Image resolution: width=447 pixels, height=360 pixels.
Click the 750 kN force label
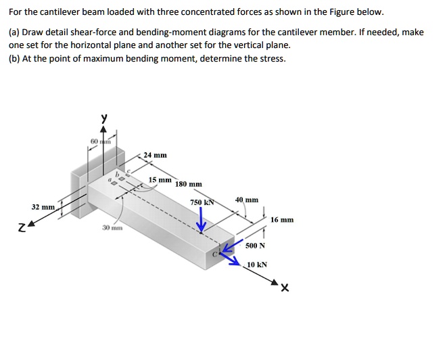[201, 202]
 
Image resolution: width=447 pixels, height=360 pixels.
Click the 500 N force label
[256, 245]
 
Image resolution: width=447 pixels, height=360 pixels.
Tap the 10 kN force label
[257, 265]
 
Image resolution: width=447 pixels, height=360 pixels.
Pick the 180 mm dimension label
[189, 184]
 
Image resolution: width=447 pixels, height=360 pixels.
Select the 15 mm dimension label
[160, 181]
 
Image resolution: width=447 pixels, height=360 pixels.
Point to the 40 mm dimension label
[247, 200]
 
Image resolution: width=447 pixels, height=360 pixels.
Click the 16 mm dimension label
[282, 220]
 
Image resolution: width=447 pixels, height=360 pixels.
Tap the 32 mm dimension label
[43, 206]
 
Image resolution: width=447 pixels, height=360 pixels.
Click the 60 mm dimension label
[99, 140]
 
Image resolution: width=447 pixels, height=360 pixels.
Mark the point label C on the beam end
[216, 254]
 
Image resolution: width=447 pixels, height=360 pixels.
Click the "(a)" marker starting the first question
[14, 32]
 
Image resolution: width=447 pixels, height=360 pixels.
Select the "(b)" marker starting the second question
[14, 58]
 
